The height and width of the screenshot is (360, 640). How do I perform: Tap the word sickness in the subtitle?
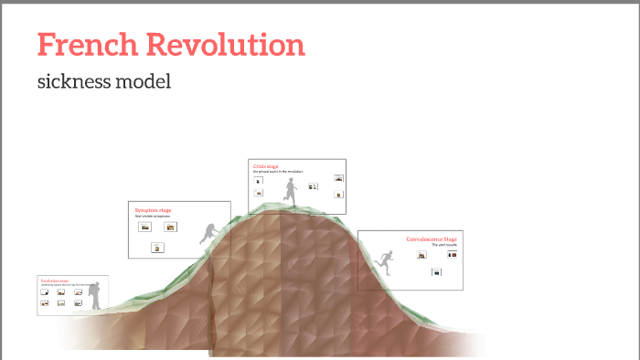click(x=75, y=81)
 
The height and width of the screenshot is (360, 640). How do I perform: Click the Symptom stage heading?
click(x=153, y=210)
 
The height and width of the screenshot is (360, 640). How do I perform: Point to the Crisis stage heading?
click(x=265, y=166)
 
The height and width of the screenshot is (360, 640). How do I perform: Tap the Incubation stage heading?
click(x=54, y=280)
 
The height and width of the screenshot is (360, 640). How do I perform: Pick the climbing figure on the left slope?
click(x=209, y=234)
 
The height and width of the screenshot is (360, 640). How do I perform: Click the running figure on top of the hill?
click(x=291, y=191)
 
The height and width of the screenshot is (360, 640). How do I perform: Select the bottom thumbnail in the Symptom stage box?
click(x=157, y=248)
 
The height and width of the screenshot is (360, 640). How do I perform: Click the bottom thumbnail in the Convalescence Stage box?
click(x=437, y=272)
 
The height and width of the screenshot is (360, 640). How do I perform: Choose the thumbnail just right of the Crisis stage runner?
click(x=313, y=186)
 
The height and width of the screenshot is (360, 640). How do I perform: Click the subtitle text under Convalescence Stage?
click(x=443, y=245)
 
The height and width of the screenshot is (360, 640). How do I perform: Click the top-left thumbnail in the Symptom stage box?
click(x=144, y=227)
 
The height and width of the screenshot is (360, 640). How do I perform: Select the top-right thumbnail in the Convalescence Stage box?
click(x=449, y=254)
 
